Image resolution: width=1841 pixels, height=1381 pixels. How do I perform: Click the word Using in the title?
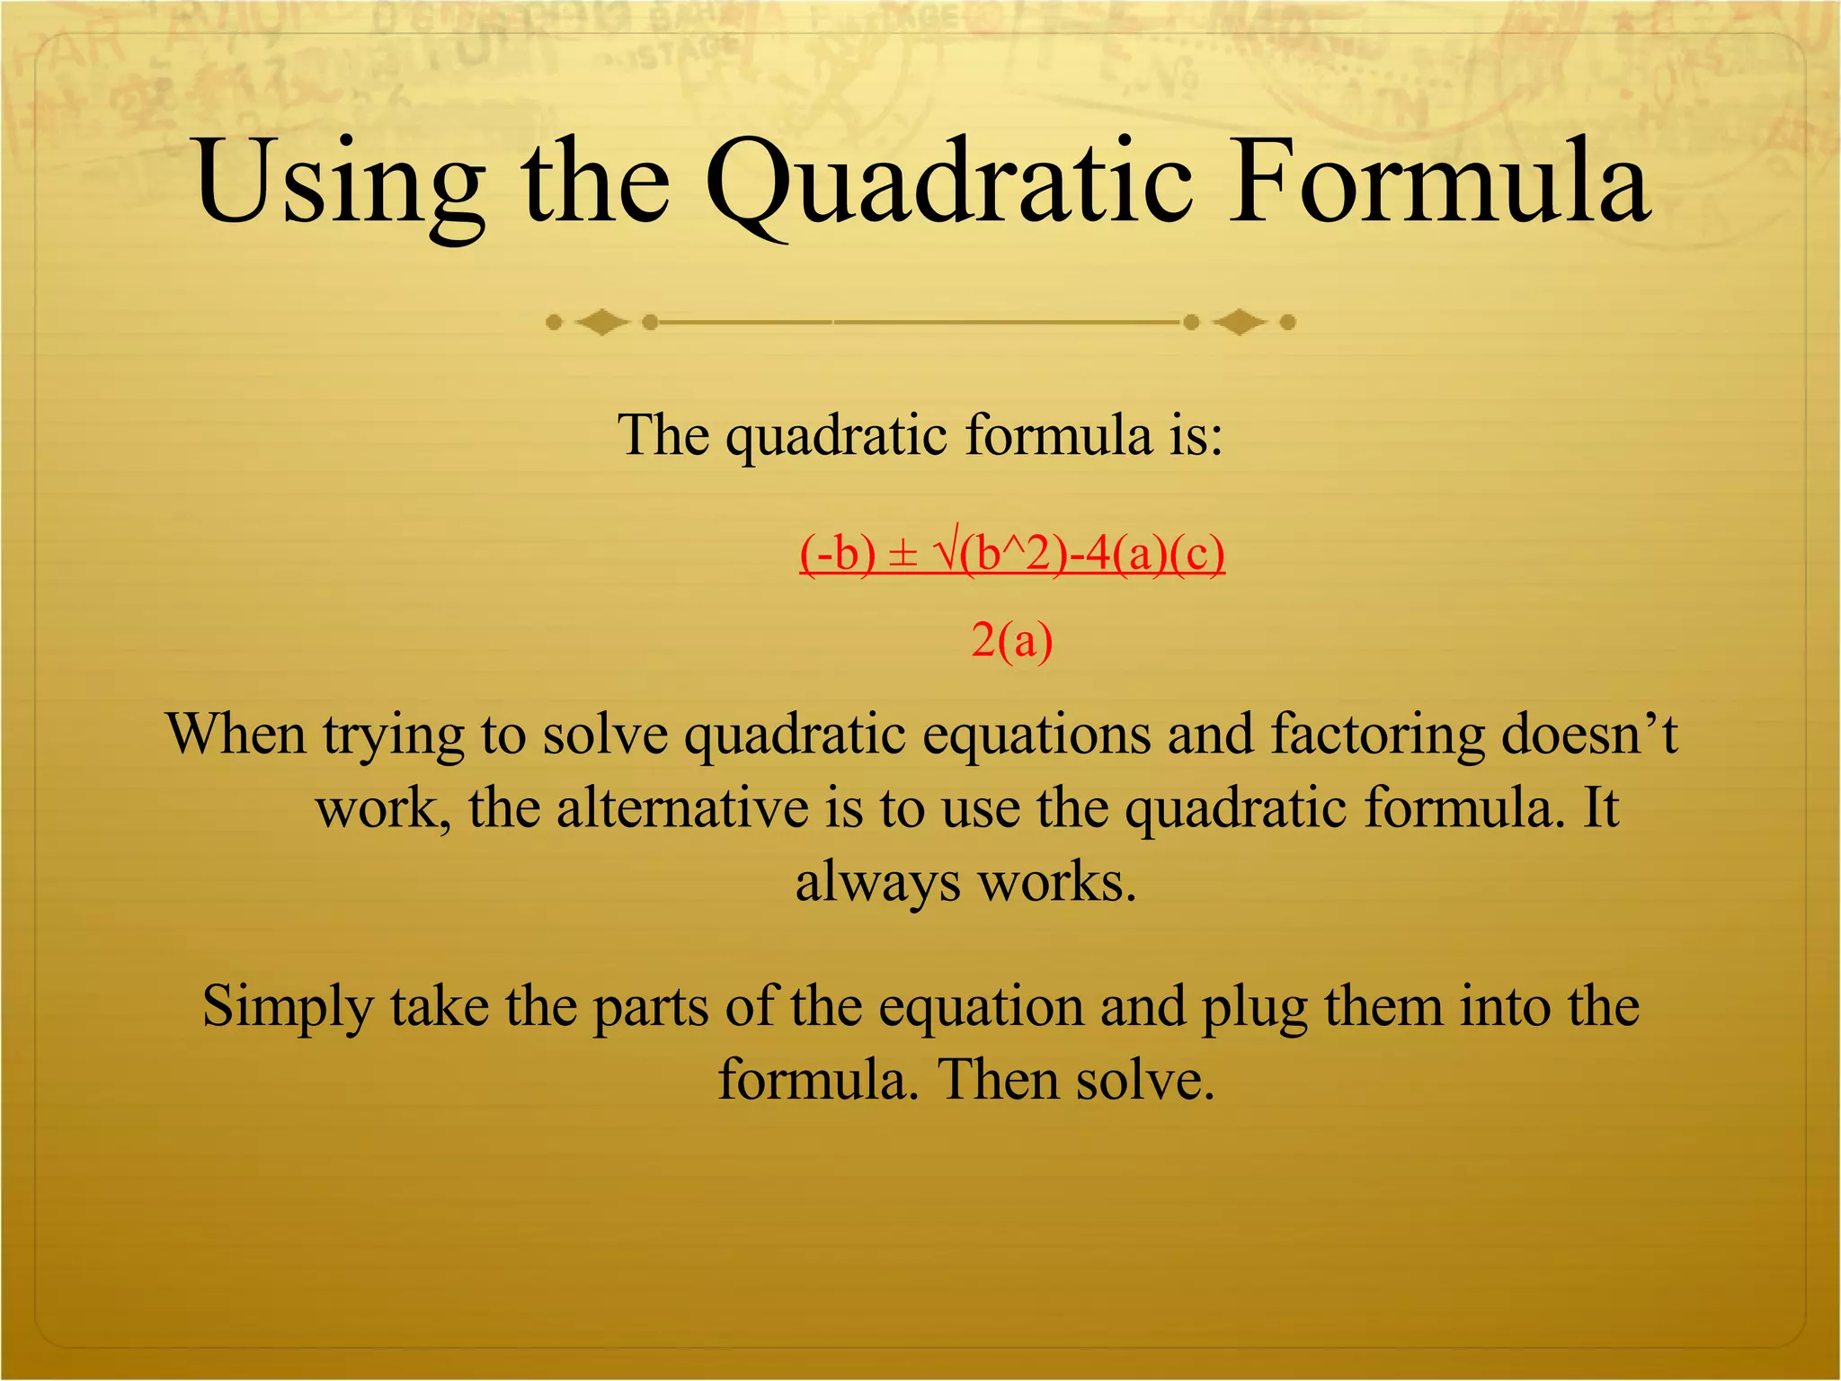coord(341,183)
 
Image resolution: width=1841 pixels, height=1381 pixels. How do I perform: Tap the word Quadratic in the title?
coord(949,183)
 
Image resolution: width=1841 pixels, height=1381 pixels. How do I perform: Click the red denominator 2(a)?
coord(1011,641)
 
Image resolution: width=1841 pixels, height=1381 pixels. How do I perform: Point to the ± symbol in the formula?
coord(903,554)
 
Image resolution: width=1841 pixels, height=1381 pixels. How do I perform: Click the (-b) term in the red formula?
coord(837,554)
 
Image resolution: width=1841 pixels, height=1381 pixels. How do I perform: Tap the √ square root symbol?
coord(947,552)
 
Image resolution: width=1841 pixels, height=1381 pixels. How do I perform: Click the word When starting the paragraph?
coord(236,735)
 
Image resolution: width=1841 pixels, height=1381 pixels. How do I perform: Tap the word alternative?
coord(682,808)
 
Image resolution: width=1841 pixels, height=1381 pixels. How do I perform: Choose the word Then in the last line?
coord(999,1080)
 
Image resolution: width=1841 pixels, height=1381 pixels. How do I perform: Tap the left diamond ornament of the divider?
coord(601,322)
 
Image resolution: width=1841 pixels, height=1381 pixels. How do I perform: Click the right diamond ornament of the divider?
coord(1240,322)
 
